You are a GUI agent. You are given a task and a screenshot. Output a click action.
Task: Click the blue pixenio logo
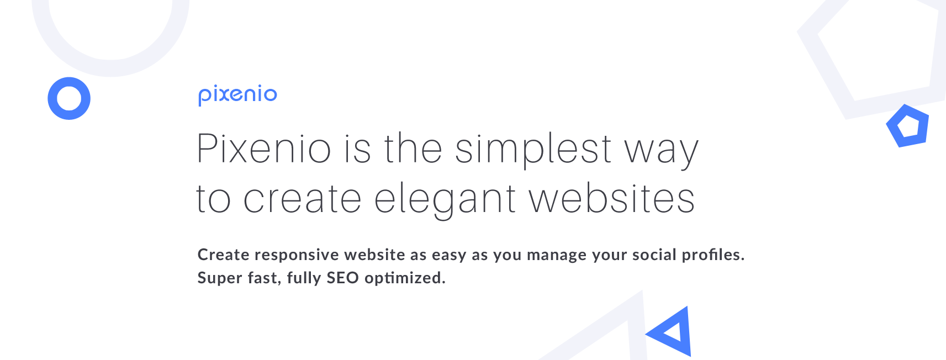[238, 96]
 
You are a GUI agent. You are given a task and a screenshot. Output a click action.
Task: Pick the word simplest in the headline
[533, 150]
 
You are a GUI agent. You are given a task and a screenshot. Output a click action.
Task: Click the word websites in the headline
[612, 198]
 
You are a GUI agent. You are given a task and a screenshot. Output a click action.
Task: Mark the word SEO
[342, 278]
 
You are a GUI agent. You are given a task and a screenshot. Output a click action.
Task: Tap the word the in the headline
[413, 148]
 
